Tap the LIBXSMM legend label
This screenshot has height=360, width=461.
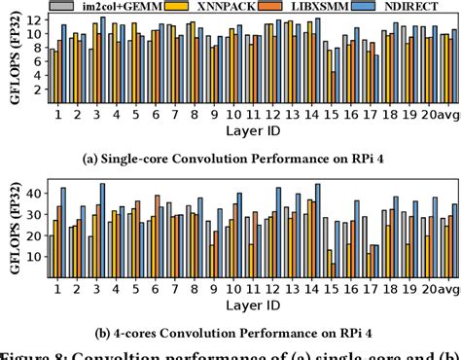pos(330,7)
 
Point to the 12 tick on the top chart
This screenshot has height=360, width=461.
pos(35,19)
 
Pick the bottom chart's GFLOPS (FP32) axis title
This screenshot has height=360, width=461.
pos(11,230)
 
